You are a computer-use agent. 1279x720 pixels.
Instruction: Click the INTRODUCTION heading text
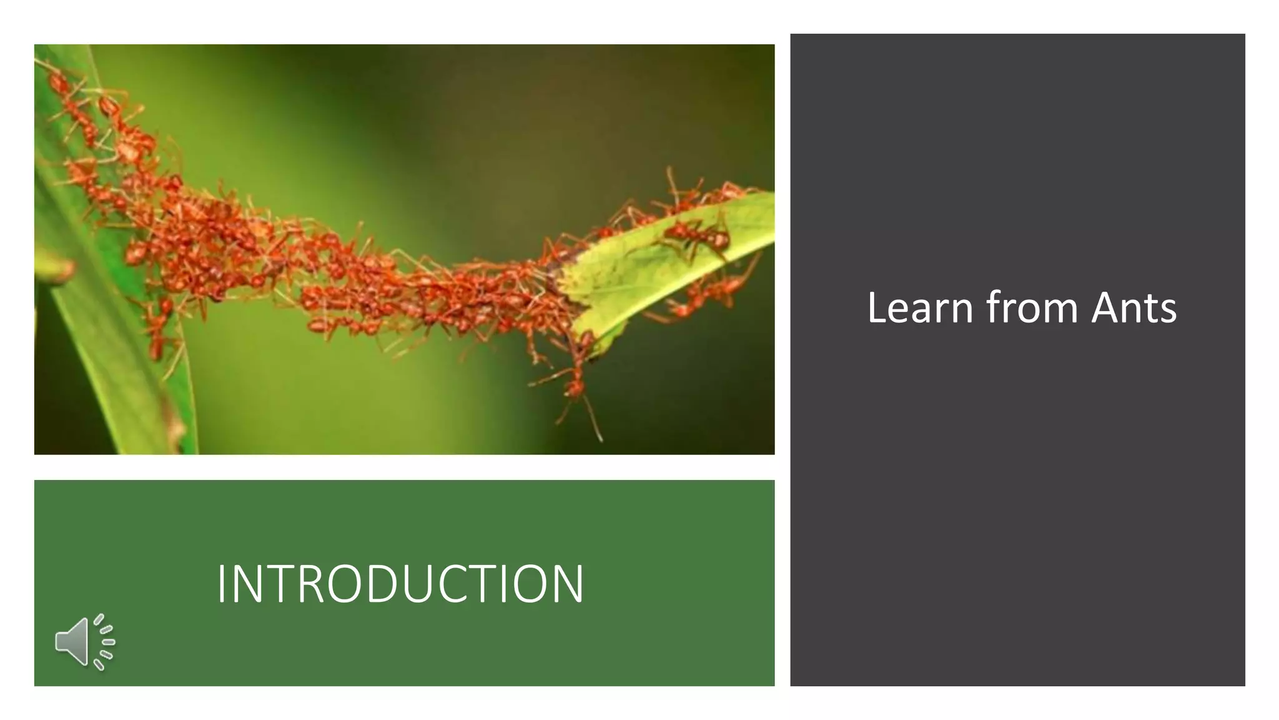pos(400,584)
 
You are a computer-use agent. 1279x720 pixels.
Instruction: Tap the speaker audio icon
pos(84,642)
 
